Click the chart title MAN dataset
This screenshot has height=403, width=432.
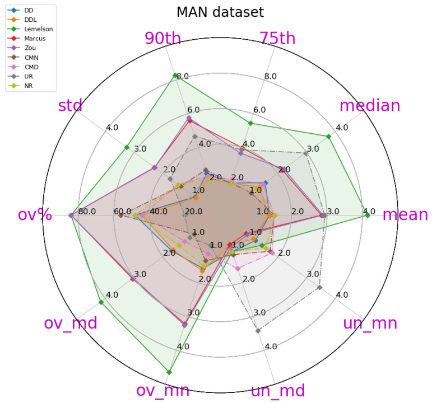(x=220, y=12)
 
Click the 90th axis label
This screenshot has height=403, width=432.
(x=162, y=38)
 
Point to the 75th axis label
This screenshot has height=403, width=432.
(x=277, y=38)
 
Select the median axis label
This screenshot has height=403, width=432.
(x=370, y=105)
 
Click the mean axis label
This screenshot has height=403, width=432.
(x=405, y=215)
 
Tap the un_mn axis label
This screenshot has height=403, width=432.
(x=370, y=323)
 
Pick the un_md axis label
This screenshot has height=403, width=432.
(x=277, y=390)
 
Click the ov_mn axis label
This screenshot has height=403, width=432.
(x=162, y=390)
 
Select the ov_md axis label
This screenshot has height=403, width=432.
(x=71, y=323)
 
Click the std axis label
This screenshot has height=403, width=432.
(x=71, y=105)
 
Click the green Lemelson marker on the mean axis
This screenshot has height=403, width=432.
(x=367, y=215)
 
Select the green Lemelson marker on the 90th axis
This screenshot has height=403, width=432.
(x=175, y=76)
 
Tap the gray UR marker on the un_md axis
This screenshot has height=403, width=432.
(x=258, y=331)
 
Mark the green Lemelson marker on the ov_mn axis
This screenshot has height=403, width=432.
(x=169, y=372)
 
